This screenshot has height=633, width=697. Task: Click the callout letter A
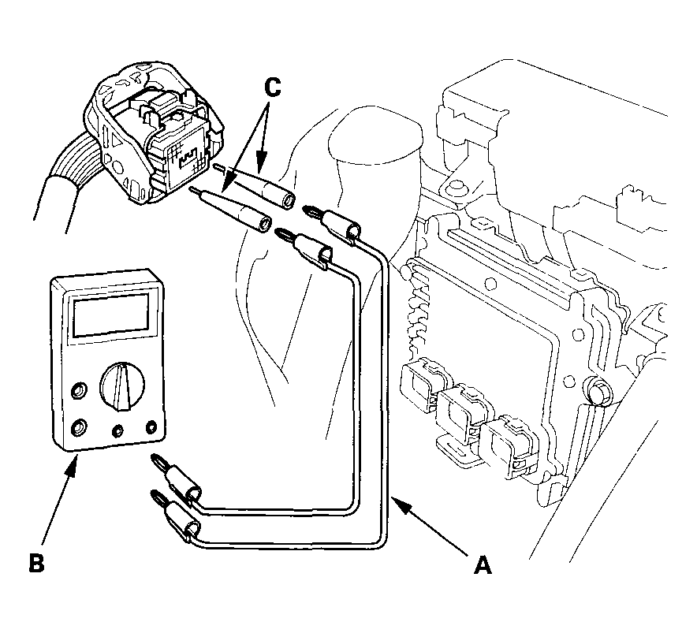pos(483,564)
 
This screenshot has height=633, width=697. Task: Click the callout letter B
pos(36,562)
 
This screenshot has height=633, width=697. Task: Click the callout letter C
pos(273,88)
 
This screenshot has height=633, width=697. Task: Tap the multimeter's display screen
pos(110,315)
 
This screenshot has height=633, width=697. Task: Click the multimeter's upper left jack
pos(79,390)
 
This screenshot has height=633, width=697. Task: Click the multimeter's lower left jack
pos(79,427)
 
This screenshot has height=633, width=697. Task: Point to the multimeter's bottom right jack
pos(152,426)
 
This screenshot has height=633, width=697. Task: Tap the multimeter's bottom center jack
pos(117,430)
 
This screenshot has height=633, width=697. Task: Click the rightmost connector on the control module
pos(509,447)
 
